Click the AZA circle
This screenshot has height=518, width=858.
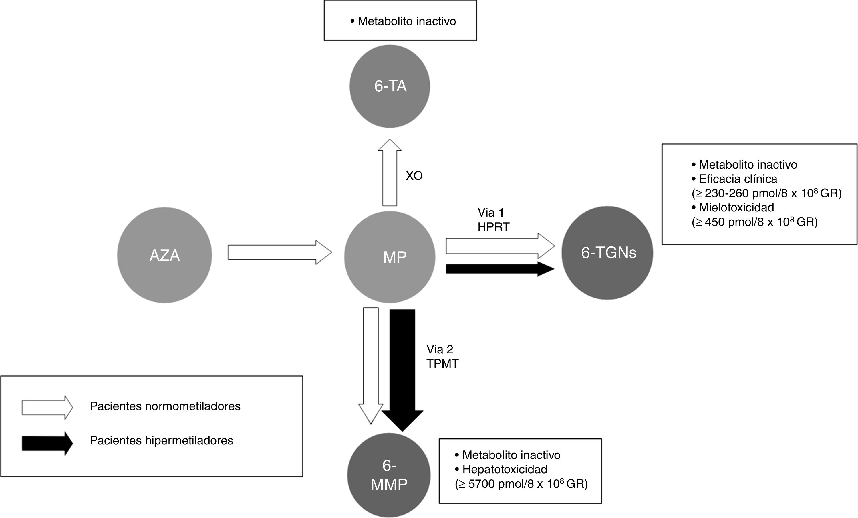tap(164, 255)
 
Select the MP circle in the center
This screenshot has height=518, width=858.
tap(390, 257)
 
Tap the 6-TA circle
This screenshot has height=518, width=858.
tap(390, 86)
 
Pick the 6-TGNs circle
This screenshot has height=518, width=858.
tap(607, 253)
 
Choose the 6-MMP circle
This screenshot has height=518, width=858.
tap(389, 475)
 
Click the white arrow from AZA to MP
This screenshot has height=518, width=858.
tap(280, 252)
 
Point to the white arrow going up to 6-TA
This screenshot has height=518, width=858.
tap(390, 173)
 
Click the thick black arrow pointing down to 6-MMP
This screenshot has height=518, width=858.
tap(402, 370)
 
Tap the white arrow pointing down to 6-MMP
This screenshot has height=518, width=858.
tap(371, 366)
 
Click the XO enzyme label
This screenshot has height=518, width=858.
tap(414, 175)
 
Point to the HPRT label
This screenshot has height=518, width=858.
tap(493, 227)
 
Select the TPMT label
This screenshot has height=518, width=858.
tap(442, 364)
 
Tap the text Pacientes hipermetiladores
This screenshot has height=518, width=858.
tap(162, 441)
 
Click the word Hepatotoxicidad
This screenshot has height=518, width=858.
tap(505, 470)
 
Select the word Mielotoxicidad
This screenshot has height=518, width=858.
tap(736, 207)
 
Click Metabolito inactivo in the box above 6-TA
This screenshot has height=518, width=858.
tap(407, 21)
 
